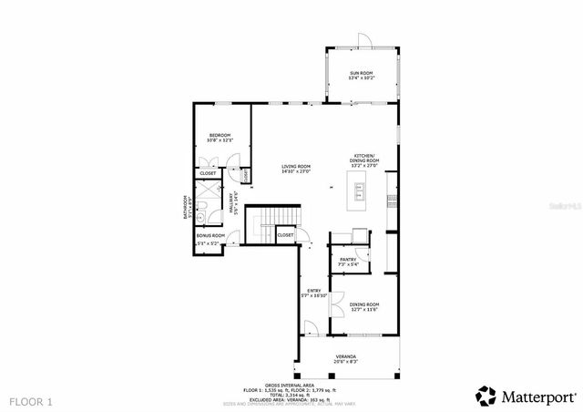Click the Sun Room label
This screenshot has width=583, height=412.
click(361, 73)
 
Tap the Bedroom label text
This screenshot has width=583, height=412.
click(220, 135)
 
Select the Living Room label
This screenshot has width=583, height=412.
click(296, 166)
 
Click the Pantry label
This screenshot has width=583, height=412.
click(348, 259)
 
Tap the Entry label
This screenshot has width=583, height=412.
click(313, 291)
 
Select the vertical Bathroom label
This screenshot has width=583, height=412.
click(184, 209)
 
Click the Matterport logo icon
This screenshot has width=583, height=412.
click(486, 396)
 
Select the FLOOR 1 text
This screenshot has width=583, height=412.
click(32, 400)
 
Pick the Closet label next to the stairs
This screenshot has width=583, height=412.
click(285, 235)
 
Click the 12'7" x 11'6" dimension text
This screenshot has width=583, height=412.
click(364, 310)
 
